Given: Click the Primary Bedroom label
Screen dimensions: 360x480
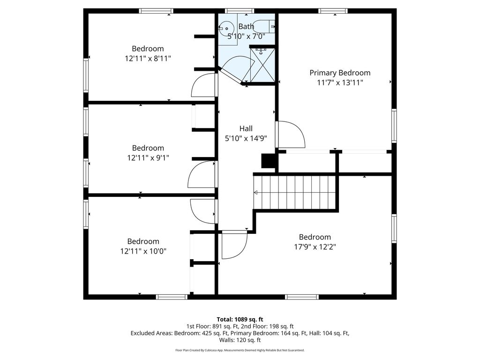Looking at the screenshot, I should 340,73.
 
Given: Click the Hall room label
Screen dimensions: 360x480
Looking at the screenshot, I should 246,128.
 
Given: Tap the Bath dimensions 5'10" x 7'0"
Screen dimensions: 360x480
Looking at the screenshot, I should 246,36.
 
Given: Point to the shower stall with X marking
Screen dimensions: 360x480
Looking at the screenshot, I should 262,66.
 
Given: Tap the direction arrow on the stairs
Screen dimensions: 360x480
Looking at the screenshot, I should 256,192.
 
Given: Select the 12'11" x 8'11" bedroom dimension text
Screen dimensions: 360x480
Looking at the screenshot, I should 148,59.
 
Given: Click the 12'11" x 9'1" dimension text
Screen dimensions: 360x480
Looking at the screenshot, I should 148,158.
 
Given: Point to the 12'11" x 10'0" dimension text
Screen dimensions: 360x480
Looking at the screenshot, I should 143,251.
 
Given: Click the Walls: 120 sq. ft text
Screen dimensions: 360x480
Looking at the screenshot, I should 240,340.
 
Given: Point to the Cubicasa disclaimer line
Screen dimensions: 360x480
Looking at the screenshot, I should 240,350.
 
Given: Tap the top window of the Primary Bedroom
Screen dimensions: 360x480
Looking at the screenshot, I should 333,11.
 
